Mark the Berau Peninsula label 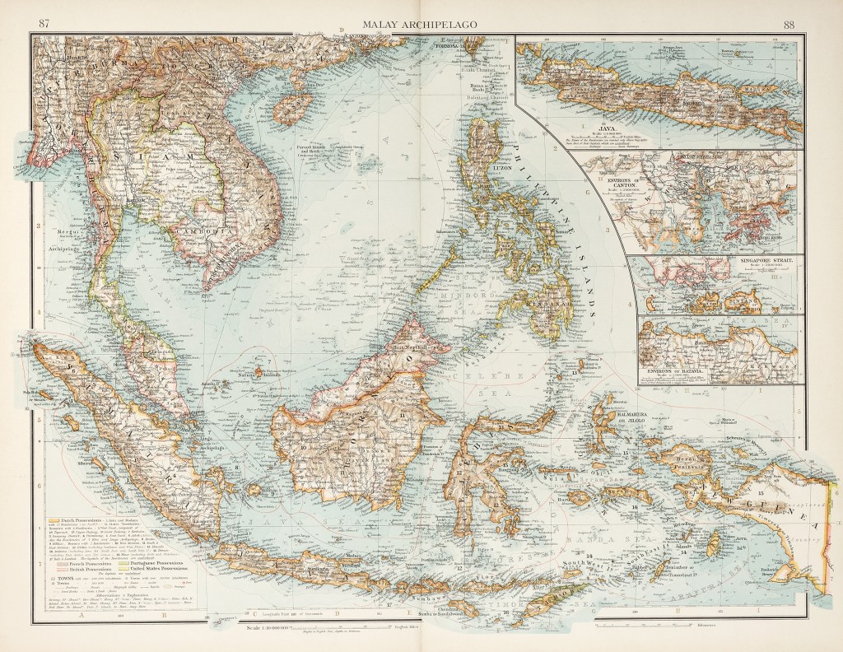click(x=693, y=458)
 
